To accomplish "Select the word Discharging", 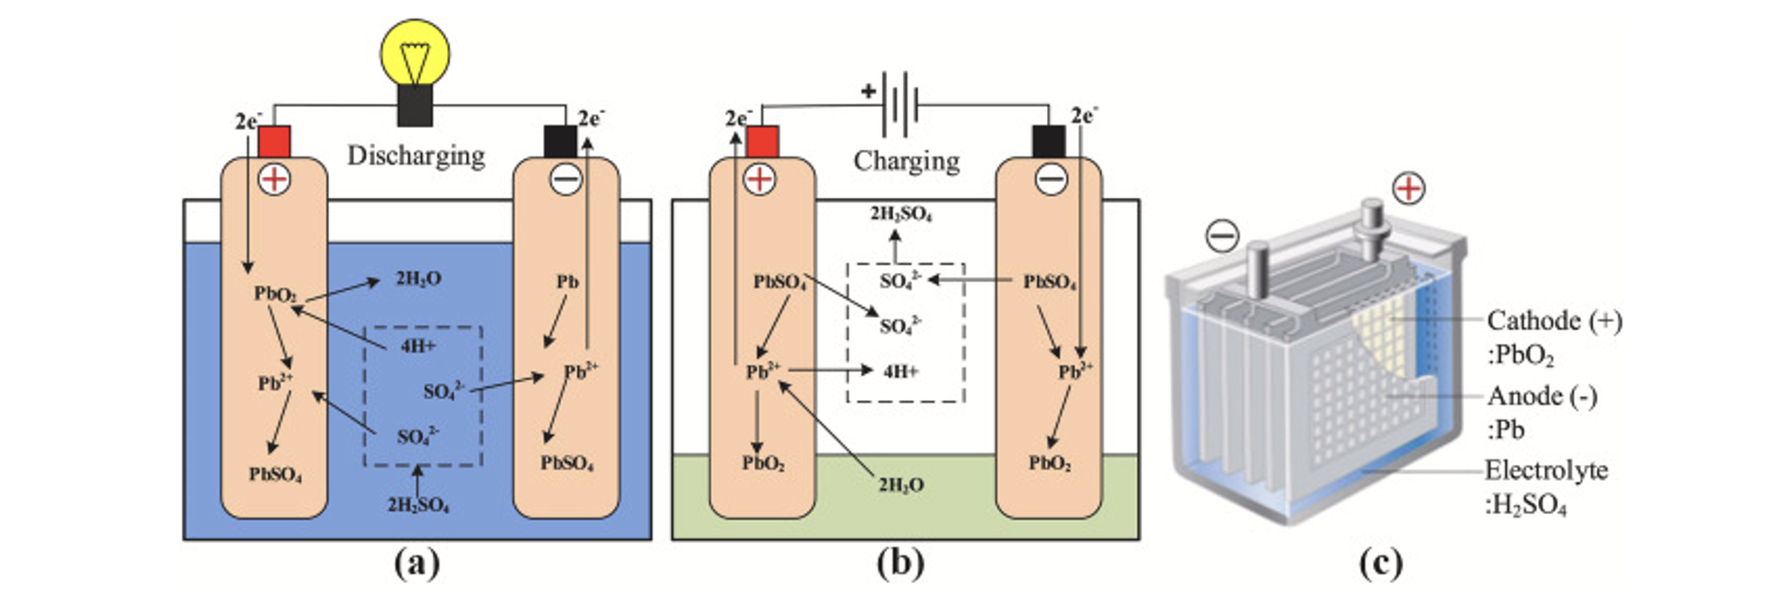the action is (415, 155).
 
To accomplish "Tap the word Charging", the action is (906, 161).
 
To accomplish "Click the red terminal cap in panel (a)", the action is (274, 142).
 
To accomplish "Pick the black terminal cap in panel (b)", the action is (1049, 142).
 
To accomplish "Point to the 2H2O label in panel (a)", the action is (418, 279).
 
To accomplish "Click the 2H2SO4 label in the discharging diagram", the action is (418, 505).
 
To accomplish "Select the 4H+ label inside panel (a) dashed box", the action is (418, 347).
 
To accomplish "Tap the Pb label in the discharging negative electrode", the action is (567, 281).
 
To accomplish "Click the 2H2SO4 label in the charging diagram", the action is (901, 214).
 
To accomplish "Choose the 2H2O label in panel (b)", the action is (901, 485).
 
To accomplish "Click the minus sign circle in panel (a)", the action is (565, 178).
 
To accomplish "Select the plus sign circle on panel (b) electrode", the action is (759, 178).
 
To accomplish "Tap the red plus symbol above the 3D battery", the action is (1408, 188).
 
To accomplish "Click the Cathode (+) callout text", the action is (1554, 321).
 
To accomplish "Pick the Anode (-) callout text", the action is (1542, 396).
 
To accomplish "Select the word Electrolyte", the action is (1546, 471).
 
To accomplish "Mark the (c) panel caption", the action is (1381, 563).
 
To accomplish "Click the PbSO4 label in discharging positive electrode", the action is (275, 474).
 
